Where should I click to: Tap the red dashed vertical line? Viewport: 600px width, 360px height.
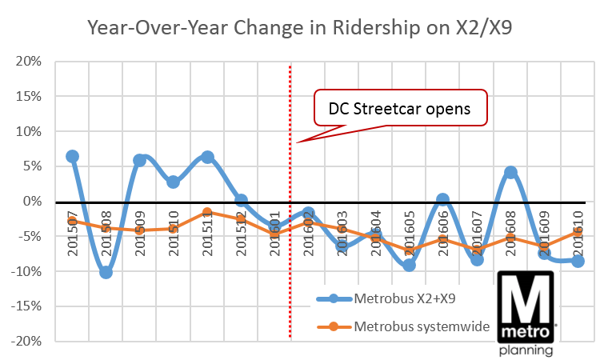(x=290, y=240)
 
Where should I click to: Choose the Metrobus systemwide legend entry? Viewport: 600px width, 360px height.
(x=408, y=326)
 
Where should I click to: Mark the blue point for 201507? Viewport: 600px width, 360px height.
(x=72, y=157)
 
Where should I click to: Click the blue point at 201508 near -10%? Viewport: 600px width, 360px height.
(x=106, y=272)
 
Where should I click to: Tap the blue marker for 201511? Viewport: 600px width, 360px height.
(x=208, y=157)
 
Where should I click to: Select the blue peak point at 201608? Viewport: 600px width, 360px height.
(x=510, y=173)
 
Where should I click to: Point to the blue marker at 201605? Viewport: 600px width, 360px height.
(x=409, y=264)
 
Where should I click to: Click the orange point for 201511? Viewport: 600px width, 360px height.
(x=208, y=212)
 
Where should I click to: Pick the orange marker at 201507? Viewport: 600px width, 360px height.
(x=72, y=221)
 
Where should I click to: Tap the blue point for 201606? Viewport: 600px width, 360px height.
(x=442, y=199)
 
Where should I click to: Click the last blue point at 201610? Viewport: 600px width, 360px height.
(x=578, y=261)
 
